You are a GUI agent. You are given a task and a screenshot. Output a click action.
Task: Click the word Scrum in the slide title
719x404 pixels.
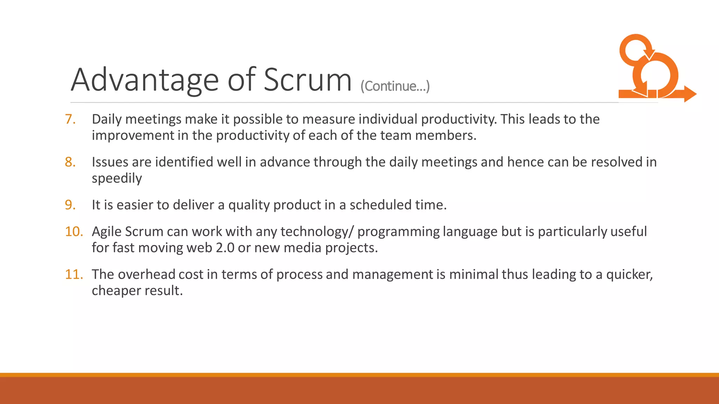coord(307,80)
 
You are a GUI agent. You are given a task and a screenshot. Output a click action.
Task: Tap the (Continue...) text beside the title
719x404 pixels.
coord(395,86)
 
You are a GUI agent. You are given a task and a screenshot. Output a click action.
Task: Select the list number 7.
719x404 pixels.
coord(70,119)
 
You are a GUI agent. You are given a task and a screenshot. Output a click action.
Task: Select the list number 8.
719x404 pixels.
coord(70,162)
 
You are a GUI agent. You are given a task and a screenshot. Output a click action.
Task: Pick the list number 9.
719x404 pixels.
coord(70,205)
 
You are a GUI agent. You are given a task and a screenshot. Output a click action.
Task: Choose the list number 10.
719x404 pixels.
coord(74,231)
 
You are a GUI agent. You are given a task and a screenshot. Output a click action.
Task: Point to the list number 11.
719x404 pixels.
coord(74,274)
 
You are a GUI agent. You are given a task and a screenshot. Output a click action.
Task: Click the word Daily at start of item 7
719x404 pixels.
coord(107,119)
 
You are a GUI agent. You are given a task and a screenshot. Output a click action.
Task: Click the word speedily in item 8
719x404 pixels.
coord(117,179)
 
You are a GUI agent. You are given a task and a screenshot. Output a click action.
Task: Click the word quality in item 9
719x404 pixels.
coord(249,205)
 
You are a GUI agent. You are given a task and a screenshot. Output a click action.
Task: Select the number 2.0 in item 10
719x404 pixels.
coord(225,248)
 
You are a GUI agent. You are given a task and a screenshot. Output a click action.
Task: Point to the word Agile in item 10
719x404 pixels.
coord(106,231)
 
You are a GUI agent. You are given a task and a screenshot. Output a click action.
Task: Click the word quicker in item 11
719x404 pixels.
coord(629,274)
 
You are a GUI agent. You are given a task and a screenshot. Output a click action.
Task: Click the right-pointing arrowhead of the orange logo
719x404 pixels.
coord(690,94)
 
